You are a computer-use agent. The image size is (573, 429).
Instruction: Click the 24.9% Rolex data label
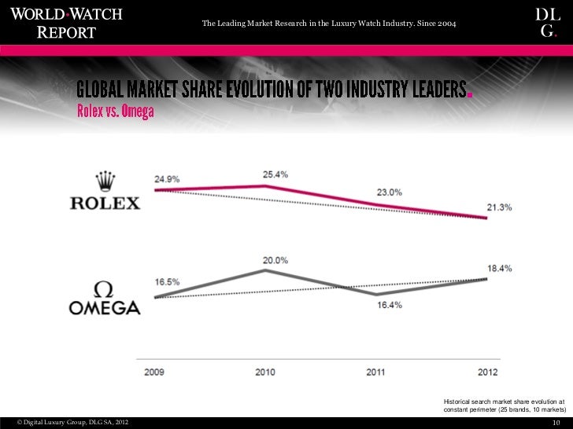click(168, 179)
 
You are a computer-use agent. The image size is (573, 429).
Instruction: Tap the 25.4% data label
click(275, 173)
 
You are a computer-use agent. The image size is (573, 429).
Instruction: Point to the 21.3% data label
click(499, 207)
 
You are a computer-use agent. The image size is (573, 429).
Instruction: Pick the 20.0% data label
click(275, 259)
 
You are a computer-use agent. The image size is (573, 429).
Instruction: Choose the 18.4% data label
click(499, 268)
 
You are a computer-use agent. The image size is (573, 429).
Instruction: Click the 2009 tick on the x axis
click(155, 372)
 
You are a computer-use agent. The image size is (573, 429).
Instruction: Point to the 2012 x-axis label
click(486, 372)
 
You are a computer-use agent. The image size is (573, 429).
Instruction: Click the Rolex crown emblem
click(105, 180)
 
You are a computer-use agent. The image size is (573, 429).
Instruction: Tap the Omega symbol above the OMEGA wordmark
click(105, 288)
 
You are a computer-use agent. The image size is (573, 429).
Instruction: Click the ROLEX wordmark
click(105, 203)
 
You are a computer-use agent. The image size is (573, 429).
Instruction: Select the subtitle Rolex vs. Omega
click(115, 112)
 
